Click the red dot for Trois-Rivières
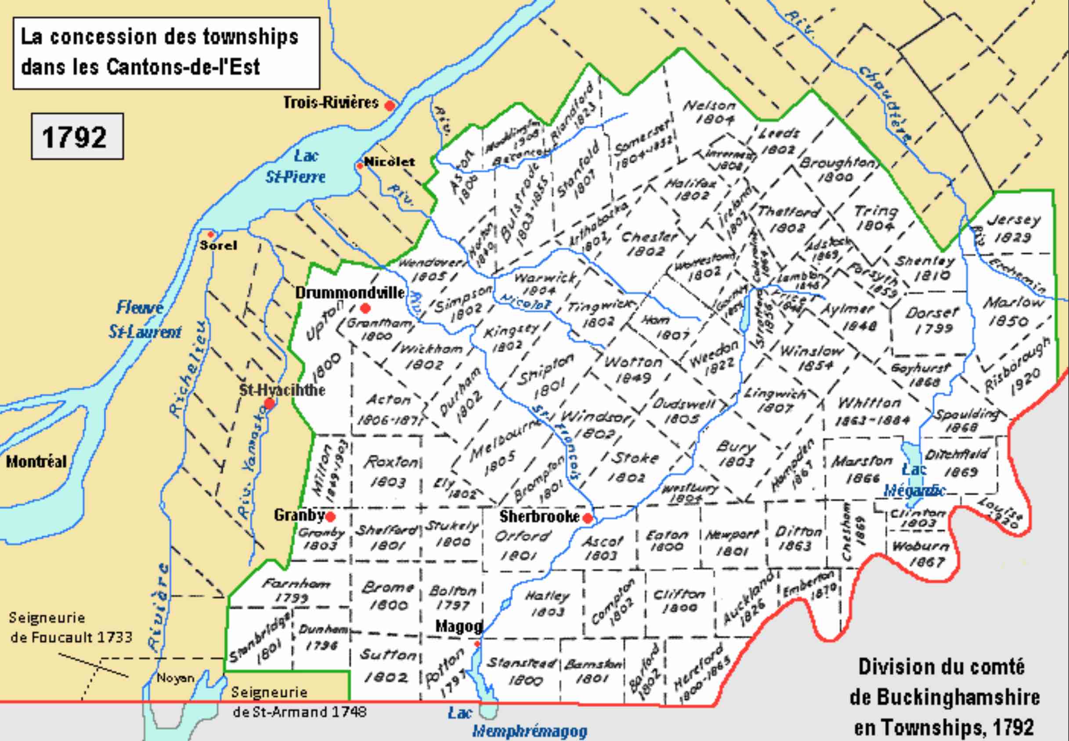pos(390,105)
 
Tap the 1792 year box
pos(77,137)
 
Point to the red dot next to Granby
pos(331,516)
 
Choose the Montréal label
pos(36,461)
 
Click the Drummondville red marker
pos(365,308)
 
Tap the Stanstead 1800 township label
pos(521,671)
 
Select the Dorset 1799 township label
pos(932,320)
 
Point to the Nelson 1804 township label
pos(710,112)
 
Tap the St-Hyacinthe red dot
pos(269,403)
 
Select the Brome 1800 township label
pos(388,596)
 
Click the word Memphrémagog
pos(529,731)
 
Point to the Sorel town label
pos(218,245)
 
